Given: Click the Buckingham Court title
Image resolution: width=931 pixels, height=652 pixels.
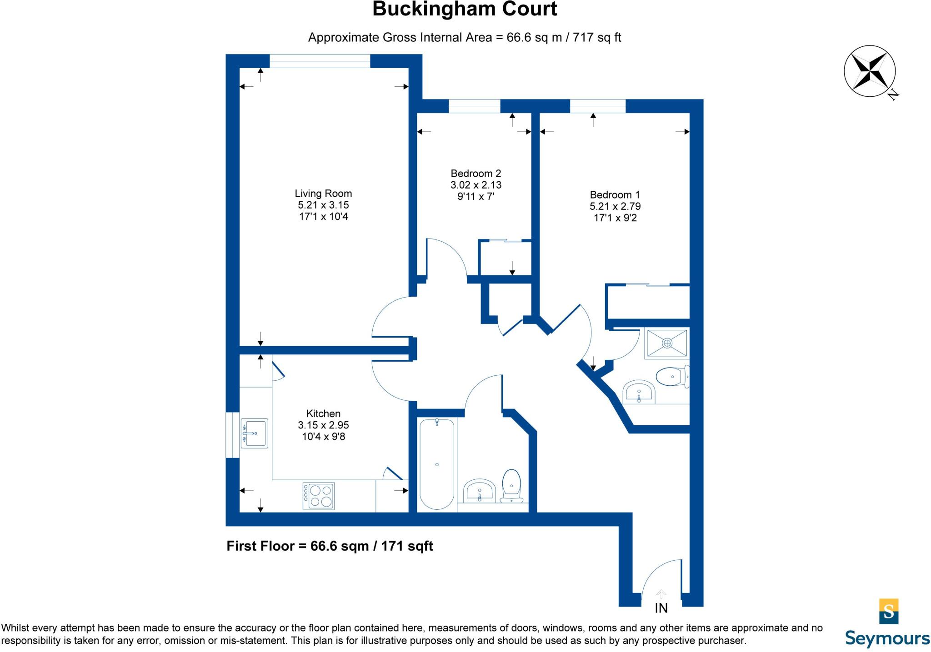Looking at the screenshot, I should [x=465, y=10].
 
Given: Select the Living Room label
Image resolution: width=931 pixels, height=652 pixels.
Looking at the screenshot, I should [x=323, y=194].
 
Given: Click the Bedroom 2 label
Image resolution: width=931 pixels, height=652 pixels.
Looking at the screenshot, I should [x=476, y=174].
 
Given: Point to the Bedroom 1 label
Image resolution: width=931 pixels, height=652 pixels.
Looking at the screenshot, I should [x=615, y=195].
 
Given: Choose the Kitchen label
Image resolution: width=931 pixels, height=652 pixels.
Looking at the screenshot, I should [x=323, y=413].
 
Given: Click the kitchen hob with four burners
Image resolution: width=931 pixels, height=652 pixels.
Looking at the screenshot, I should [x=319, y=496].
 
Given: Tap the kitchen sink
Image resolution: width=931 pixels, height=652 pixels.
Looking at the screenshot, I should [x=254, y=433].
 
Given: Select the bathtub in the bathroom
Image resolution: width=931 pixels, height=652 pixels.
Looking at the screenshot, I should [x=436, y=464].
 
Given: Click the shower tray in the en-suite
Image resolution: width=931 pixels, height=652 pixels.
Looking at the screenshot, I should [x=667, y=343].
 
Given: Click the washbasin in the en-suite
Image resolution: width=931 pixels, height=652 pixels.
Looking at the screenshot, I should [x=639, y=392].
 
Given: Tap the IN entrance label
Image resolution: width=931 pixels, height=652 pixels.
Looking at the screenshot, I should [x=661, y=608].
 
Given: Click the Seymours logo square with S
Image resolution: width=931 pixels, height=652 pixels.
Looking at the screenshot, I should [x=889, y=611].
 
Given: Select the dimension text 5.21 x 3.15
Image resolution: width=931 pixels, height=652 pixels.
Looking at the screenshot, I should [x=323, y=205].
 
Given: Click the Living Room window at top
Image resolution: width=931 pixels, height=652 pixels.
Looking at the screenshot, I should [x=320, y=61].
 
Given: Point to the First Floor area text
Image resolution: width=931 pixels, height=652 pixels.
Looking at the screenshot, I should [x=330, y=546].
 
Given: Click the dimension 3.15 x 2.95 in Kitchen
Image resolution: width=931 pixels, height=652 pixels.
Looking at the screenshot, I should [x=323, y=425].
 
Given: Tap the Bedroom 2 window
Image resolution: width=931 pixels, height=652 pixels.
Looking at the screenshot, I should [x=474, y=106].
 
